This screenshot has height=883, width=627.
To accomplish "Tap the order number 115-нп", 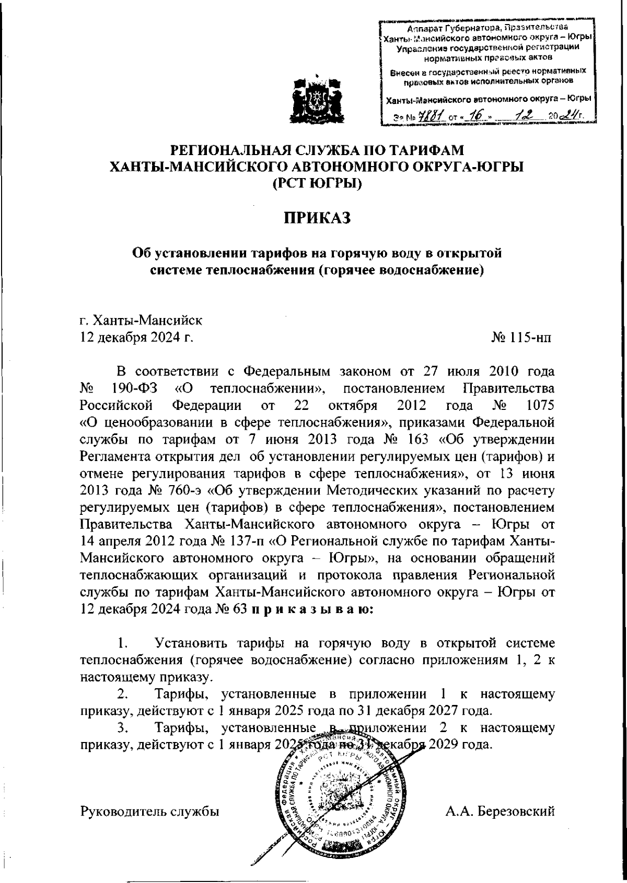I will click(527, 338).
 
